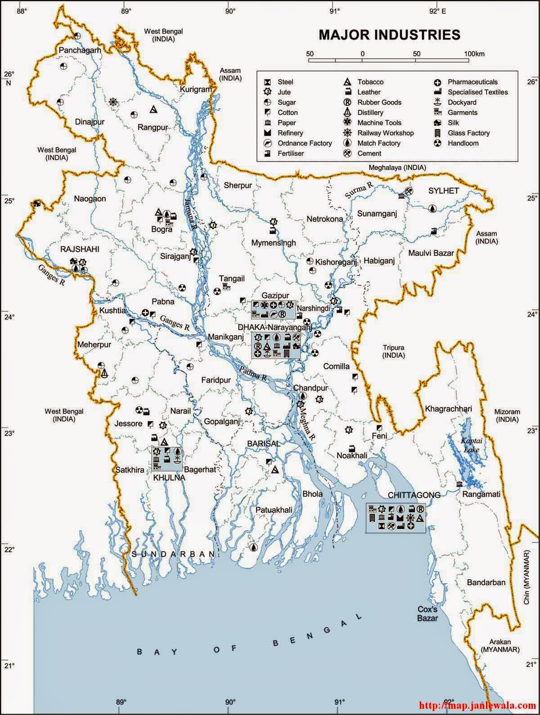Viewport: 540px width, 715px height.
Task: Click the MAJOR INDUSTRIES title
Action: (x=389, y=35)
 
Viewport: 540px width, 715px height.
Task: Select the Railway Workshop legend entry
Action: (x=385, y=133)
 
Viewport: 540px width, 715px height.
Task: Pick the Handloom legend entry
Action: (x=463, y=143)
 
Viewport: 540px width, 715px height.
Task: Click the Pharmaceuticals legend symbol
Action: (x=437, y=82)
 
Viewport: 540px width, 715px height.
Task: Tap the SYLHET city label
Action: (x=443, y=191)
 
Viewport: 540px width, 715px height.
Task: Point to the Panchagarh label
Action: (x=80, y=50)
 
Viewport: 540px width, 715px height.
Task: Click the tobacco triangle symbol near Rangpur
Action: (x=153, y=109)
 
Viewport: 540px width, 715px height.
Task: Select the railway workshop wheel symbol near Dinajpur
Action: (x=113, y=101)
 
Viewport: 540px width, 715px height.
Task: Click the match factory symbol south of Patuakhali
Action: (x=254, y=547)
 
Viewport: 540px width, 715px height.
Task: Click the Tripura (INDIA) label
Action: (x=394, y=351)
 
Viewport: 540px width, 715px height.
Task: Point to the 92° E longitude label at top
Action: (x=437, y=12)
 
